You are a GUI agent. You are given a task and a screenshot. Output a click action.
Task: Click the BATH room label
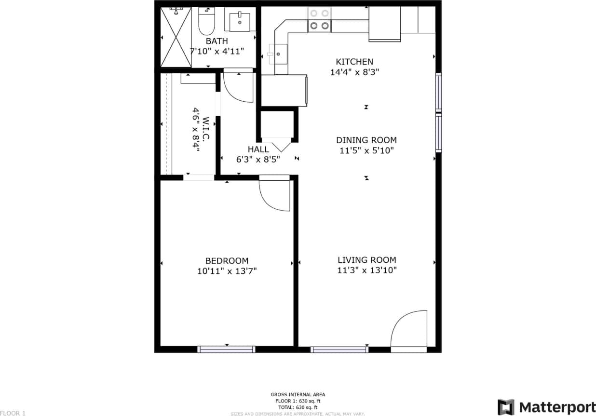pyautogui.click(x=217, y=41)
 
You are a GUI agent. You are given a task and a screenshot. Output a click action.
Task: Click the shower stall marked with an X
pyautogui.click(x=176, y=37)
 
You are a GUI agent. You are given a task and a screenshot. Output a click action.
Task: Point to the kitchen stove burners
pyautogui.click(x=320, y=20)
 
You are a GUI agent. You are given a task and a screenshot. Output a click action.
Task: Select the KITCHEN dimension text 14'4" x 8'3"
pyautogui.click(x=354, y=73)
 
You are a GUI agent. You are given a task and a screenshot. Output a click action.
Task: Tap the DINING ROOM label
pyautogui.click(x=366, y=140)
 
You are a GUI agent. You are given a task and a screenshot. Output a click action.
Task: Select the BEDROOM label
pyautogui.click(x=227, y=261)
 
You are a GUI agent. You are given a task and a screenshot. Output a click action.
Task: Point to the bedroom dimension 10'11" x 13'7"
pyautogui.click(x=227, y=271)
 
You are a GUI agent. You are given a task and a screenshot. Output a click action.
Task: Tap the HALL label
pyautogui.click(x=258, y=149)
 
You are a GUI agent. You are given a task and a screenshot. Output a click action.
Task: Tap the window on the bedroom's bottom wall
pyautogui.click(x=226, y=349)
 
